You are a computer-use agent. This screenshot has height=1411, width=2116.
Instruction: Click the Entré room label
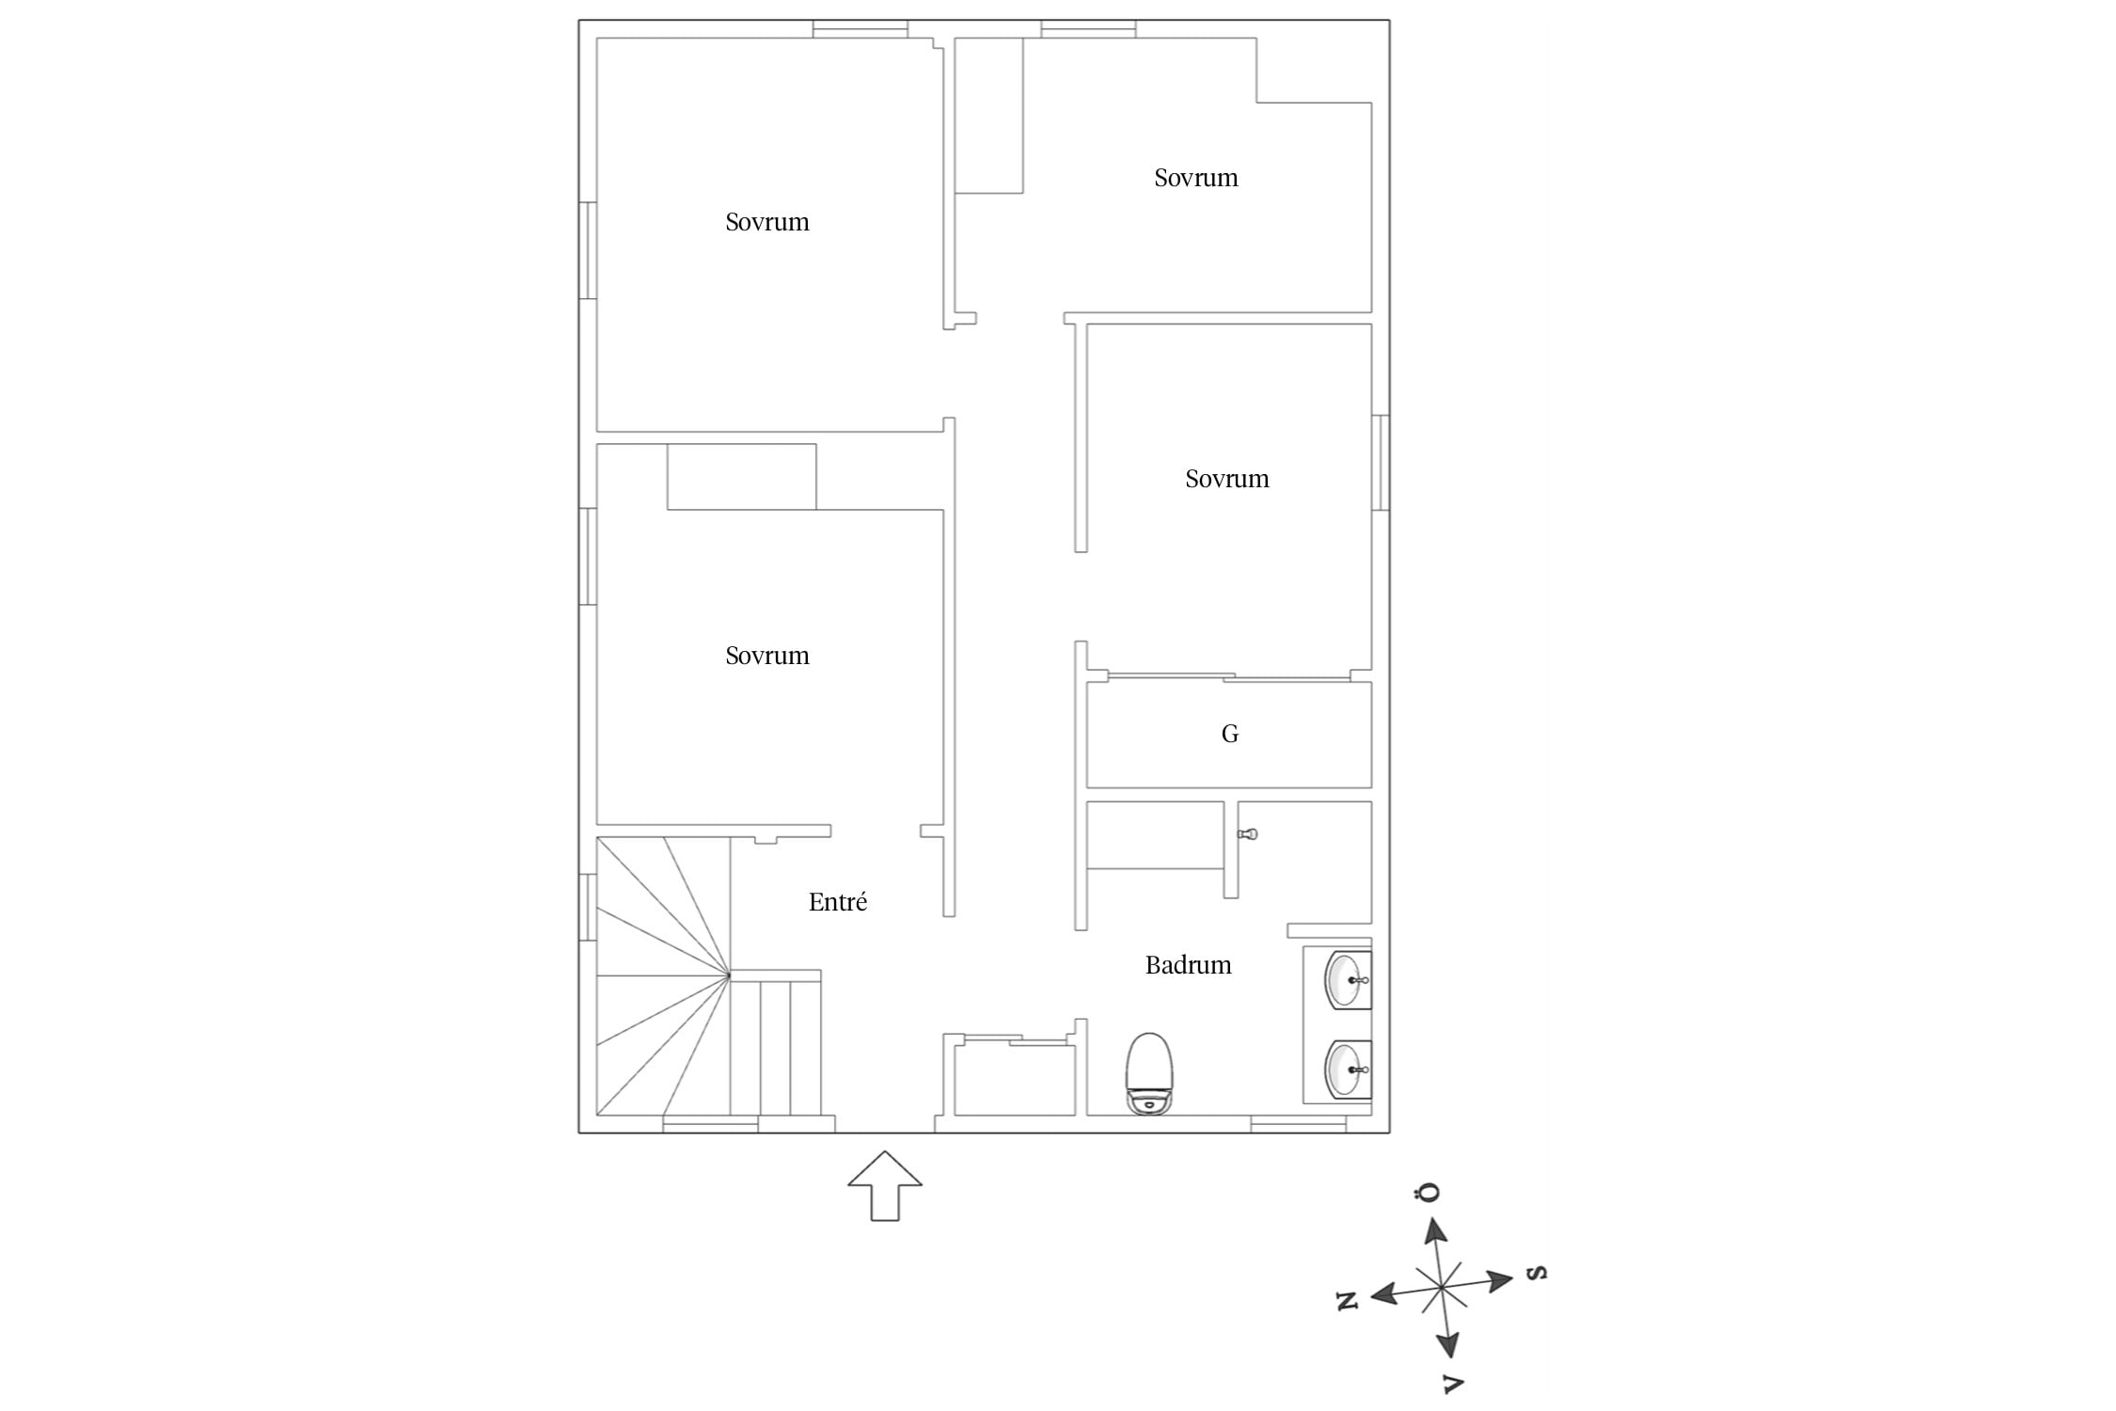tap(837, 902)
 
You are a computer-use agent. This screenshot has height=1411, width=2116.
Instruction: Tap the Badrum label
tap(1188, 965)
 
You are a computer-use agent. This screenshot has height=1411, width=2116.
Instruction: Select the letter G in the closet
tap(1229, 734)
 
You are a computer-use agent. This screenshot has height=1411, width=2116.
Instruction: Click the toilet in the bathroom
tap(1149, 1074)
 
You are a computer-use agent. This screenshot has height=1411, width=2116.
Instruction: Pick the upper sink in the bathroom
tap(1348, 979)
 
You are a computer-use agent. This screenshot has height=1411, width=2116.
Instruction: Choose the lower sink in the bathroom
tap(1348, 1069)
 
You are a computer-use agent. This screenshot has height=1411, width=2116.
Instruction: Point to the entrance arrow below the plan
tap(884, 1185)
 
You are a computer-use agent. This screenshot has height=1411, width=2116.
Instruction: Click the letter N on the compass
tap(1348, 1301)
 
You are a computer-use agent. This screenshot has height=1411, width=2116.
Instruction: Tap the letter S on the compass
tap(1536, 1273)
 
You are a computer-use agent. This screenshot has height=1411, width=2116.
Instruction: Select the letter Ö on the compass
tap(1428, 1193)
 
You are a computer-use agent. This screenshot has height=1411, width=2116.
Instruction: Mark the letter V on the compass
tap(1453, 1383)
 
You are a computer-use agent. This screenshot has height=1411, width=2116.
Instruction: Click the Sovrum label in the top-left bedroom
tap(766, 222)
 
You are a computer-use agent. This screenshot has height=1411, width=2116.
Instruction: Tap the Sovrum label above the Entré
tap(766, 656)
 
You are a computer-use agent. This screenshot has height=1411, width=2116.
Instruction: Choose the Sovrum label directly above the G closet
tap(1226, 479)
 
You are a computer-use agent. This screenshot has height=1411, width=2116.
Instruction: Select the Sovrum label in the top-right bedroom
tap(1195, 178)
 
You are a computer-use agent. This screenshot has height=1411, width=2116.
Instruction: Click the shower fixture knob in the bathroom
tap(1248, 834)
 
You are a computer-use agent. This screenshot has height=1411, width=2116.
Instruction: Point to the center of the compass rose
tap(1442, 1286)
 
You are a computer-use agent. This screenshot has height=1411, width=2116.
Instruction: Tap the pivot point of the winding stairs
tap(730, 976)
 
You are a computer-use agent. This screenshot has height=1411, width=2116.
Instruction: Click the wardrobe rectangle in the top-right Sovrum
tap(988, 116)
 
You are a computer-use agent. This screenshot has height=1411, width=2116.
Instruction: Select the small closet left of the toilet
tap(1015, 1079)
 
